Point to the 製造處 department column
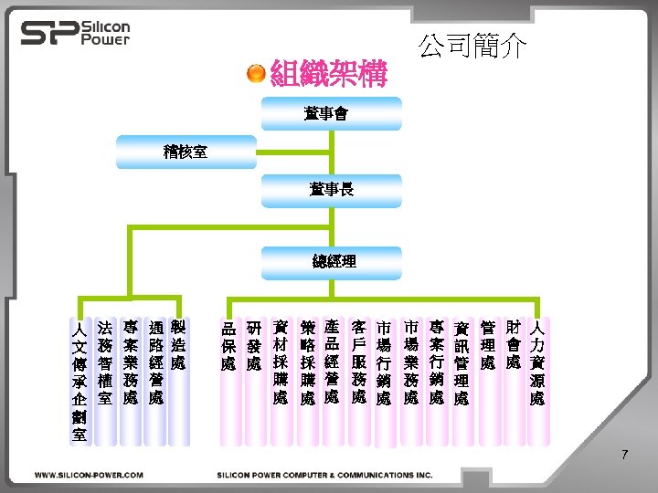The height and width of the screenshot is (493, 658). (x=180, y=347)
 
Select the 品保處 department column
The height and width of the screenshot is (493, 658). (x=228, y=347)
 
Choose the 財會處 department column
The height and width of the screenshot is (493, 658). (x=514, y=347)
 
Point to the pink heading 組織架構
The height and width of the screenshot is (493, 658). (x=329, y=72)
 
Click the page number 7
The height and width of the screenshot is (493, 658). (x=624, y=454)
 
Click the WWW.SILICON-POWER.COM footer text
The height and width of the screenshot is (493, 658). (x=89, y=475)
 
